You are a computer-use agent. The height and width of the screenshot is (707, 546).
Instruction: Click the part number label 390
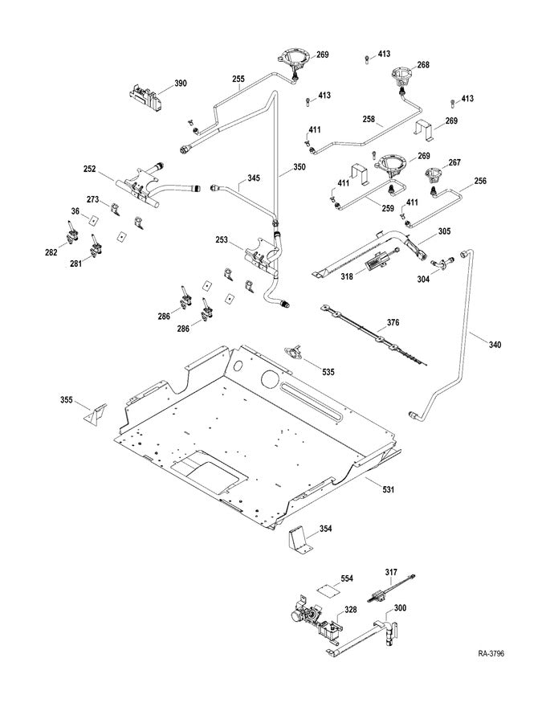point(181,83)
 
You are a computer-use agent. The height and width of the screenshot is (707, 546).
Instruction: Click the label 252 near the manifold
point(90,170)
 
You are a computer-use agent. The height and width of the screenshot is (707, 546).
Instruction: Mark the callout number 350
point(299,170)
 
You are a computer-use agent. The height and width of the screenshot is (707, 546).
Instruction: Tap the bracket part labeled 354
point(299,537)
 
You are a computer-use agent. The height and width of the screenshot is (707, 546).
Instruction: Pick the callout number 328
point(351,610)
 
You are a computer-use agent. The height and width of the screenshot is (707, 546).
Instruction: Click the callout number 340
point(495,345)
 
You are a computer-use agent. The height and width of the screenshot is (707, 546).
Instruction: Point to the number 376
point(392,322)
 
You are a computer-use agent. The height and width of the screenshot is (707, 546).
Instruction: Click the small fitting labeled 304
point(438,263)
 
